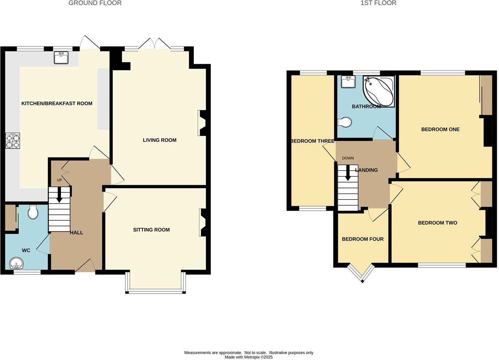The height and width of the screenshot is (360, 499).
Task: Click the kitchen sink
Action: (x=61, y=58)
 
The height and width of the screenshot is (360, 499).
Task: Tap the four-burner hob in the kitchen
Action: (x=13, y=141)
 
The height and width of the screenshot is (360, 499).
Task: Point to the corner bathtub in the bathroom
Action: (x=379, y=91)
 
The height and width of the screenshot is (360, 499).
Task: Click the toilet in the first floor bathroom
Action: (x=345, y=122)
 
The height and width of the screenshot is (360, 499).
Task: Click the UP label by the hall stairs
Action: (x=59, y=180)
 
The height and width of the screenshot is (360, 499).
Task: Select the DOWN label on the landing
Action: (x=348, y=158)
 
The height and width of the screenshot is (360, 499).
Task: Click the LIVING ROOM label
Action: (x=160, y=140)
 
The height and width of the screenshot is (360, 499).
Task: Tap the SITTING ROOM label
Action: (x=151, y=230)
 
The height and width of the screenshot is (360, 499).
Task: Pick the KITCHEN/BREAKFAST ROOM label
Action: (x=57, y=103)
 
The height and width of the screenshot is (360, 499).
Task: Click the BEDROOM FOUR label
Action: (x=363, y=239)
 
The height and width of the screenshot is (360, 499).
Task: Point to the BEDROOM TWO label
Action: (x=437, y=223)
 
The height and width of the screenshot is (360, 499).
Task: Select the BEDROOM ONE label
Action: (x=440, y=129)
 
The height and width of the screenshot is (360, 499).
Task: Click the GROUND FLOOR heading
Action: (x=95, y=3)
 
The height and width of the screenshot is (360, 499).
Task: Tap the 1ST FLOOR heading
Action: (x=378, y=3)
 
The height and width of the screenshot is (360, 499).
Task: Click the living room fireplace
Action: (x=202, y=123)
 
